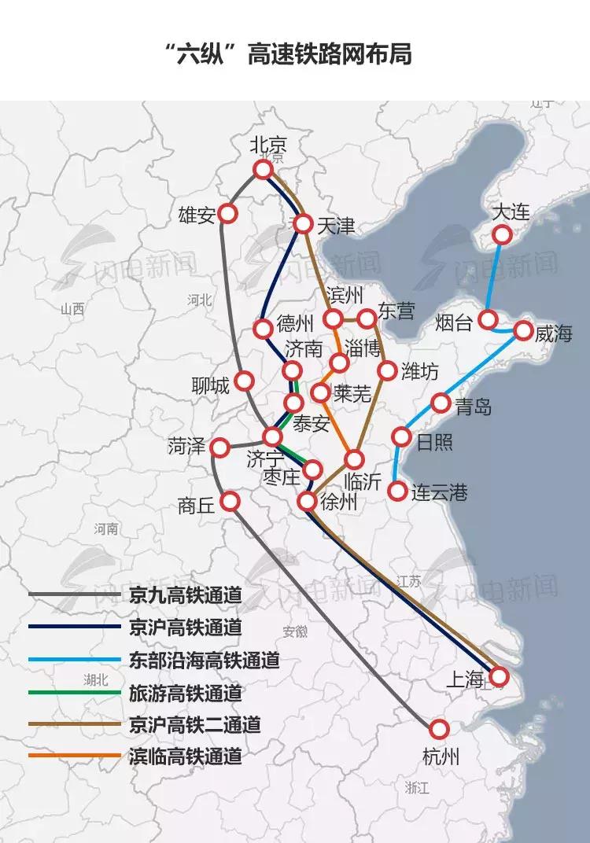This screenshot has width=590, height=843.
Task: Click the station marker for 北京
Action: (263, 170)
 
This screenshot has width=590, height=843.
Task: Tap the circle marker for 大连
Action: (502, 234)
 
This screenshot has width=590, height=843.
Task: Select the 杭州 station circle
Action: (439, 729)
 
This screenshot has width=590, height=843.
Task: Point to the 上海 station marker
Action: (499, 676)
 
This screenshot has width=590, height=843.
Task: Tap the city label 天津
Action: (336, 226)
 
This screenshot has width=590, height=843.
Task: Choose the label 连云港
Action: (440, 493)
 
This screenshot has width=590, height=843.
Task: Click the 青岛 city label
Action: (474, 407)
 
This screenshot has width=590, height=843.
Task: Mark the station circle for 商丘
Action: (230, 500)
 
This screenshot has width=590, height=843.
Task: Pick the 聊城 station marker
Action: (244, 381)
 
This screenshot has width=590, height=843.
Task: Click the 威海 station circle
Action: (523, 331)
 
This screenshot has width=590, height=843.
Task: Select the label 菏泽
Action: (186, 447)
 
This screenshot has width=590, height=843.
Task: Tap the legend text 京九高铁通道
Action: (185, 595)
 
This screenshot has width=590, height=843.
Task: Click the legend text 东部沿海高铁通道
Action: (204, 660)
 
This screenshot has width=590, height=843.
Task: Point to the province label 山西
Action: (72, 309)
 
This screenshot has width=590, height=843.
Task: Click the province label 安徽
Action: (295, 631)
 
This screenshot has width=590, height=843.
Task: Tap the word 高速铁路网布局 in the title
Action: (330, 54)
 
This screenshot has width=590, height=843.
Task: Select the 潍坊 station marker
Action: (387, 370)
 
